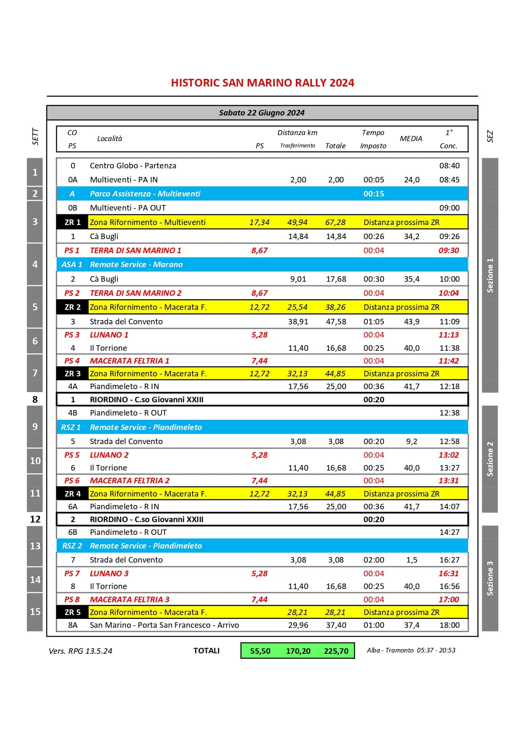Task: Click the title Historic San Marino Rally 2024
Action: (262, 83)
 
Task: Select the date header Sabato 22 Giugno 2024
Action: (262, 113)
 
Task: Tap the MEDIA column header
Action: (411, 139)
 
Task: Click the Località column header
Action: (110, 139)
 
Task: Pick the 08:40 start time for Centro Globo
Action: (449, 166)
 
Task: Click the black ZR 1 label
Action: (72, 222)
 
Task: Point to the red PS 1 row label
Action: (72, 251)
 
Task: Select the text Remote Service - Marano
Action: (136, 265)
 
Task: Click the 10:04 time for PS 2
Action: (448, 293)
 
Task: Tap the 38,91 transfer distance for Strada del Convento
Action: (298, 322)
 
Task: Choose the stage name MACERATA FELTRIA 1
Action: (130, 361)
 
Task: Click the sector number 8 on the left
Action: (35, 399)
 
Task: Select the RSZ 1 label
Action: (71, 427)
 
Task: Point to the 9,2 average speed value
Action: (411, 442)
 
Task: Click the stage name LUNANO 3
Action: (109, 574)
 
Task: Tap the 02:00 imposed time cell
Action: (373, 560)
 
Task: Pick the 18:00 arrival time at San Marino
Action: (449, 625)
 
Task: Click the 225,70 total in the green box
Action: (336, 651)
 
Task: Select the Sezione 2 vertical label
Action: (490, 459)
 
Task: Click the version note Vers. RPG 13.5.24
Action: (81, 651)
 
